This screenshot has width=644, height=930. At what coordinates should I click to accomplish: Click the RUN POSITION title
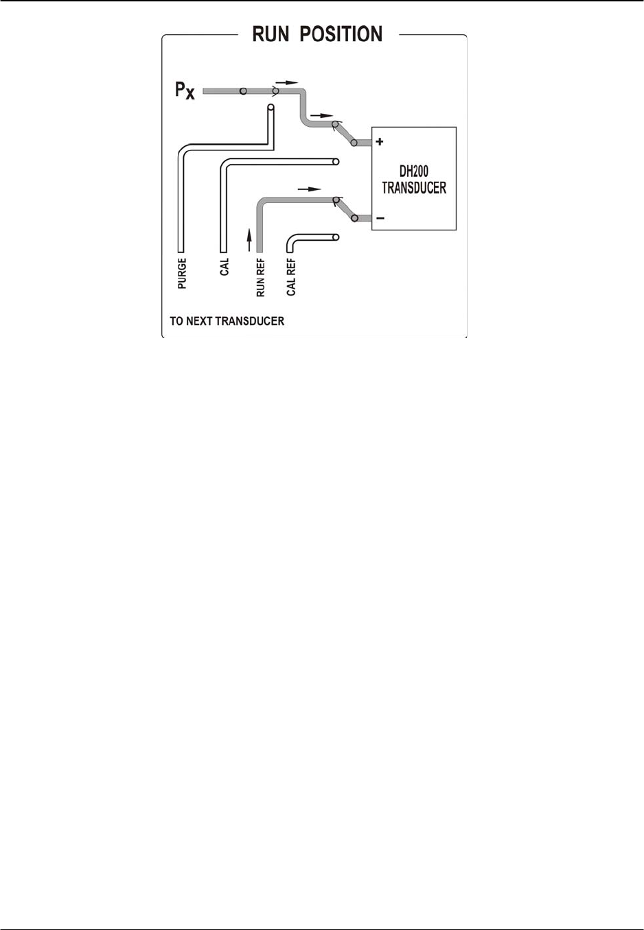click(317, 34)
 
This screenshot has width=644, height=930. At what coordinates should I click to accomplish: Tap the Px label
click(185, 90)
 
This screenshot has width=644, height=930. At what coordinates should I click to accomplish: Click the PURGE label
click(182, 273)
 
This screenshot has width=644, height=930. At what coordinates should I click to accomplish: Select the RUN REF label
click(260, 278)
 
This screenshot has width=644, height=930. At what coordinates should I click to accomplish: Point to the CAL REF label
click(291, 277)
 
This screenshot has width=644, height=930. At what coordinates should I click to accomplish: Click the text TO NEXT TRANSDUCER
click(227, 321)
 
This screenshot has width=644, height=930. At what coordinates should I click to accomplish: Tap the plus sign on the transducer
click(380, 142)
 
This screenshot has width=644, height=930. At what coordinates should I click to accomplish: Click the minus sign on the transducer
click(380, 219)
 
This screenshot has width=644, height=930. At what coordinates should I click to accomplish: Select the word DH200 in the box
click(414, 172)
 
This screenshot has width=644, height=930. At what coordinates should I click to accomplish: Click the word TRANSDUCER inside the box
click(414, 188)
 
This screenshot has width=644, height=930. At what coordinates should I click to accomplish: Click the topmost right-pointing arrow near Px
click(287, 82)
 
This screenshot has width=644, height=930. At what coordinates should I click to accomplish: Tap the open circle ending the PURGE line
click(271, 108)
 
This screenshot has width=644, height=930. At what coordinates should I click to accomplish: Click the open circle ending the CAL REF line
click(336, 237)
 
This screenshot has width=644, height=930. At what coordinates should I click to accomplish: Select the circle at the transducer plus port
click(354, 143)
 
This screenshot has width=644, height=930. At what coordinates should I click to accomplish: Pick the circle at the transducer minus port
click(354, 219)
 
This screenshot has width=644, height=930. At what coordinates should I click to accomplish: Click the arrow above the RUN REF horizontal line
click(309, 188)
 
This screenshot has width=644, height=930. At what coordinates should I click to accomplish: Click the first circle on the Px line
click(243, 91)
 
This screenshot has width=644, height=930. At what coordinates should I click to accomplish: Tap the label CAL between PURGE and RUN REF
click(225, 267)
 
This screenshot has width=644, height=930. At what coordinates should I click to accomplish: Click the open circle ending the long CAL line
click(336, 163)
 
